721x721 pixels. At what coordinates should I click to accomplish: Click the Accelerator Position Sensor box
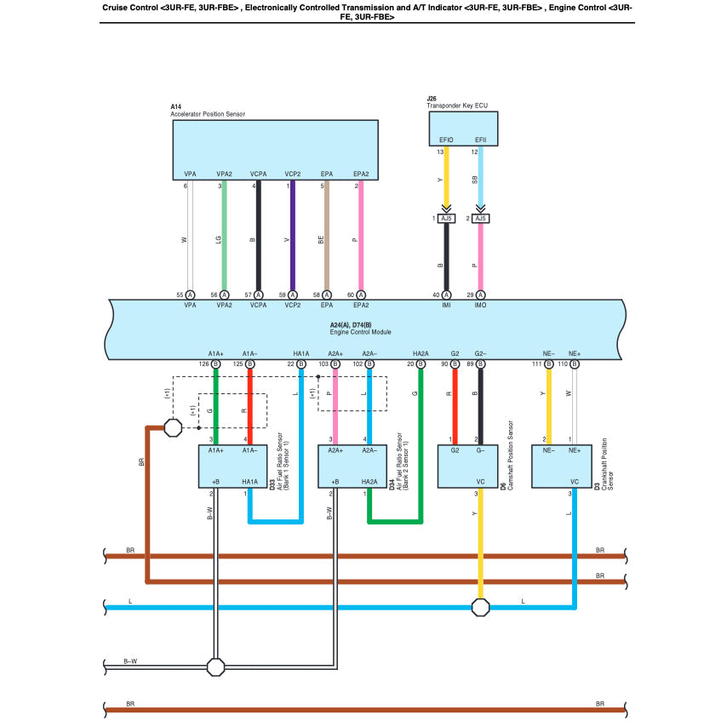click(275, 149)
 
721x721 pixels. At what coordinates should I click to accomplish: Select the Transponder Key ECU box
click(463, 128)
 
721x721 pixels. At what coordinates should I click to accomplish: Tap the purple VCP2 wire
click(292, 238)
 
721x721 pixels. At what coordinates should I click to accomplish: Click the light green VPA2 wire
click(224, 238)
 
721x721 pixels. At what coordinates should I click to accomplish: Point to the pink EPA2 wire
click(361, 238)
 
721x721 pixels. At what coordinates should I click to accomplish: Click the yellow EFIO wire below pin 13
click(446, 179)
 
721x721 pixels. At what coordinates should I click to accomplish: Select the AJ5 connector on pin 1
click(447, 219)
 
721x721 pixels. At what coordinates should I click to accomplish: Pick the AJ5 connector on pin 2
click(481, 219)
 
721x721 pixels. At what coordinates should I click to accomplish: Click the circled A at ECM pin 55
click(190, 295)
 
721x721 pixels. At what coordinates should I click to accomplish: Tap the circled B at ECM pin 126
click(215, 363)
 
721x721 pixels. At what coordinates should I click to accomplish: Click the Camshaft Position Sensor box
click(467, 466)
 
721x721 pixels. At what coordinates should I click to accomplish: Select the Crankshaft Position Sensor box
click(561, 466)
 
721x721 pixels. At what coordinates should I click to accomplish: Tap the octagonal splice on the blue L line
click(481, 607)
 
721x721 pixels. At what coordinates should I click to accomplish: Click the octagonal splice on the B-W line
click(215, 667)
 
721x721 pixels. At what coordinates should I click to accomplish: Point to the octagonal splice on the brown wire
click(172, 427)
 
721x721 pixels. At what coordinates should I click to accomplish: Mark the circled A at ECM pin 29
click(481, 295)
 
